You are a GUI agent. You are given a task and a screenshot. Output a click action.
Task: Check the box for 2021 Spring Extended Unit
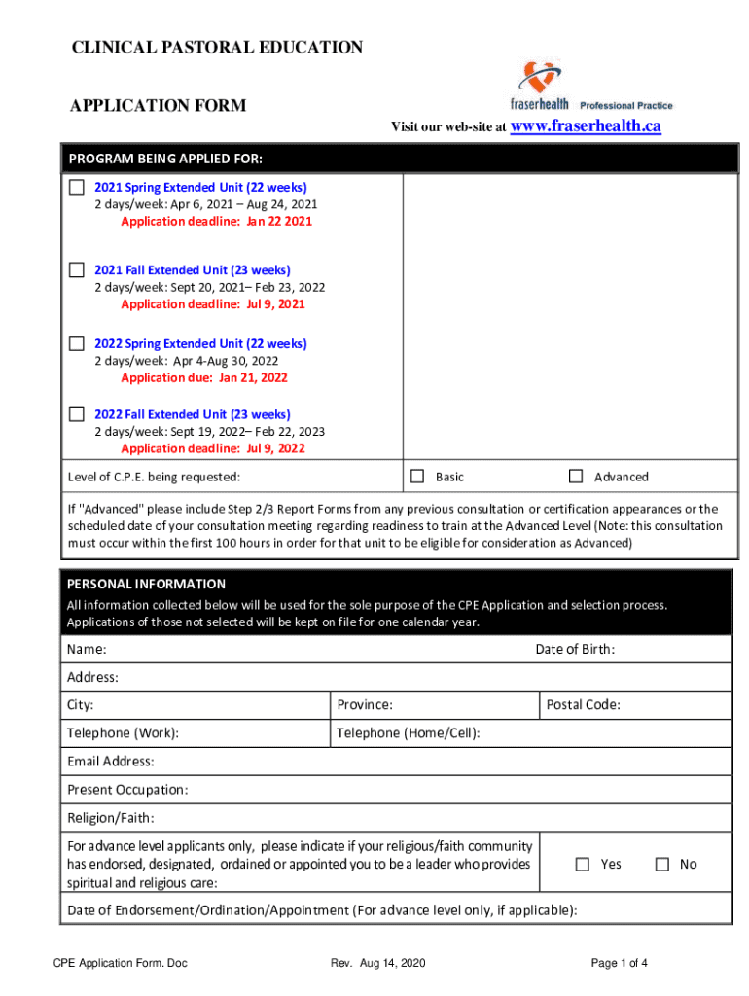(77, 187)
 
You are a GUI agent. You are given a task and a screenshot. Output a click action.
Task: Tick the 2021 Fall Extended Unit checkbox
(77, 269)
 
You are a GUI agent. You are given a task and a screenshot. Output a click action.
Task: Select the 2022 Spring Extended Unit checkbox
(77, 343)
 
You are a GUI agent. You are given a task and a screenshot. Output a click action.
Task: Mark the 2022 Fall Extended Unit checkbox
(77, 414)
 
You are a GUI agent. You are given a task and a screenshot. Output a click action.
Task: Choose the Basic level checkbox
(417, 477)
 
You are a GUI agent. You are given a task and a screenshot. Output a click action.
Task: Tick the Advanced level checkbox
(576, 477)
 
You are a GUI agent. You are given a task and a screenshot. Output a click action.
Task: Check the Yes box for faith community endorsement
(583, 864)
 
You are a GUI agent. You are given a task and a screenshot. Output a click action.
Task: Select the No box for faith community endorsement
(662, 864)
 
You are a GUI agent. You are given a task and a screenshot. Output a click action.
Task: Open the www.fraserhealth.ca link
(586, 126)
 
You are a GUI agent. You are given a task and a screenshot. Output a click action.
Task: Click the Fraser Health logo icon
(541, 77)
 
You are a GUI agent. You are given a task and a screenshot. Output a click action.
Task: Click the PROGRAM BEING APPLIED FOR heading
(164, 159)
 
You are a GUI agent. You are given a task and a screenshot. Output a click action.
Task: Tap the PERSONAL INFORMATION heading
(146, 584)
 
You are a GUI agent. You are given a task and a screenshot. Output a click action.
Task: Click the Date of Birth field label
(575, 649)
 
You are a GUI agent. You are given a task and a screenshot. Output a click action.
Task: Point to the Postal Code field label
(583, 705)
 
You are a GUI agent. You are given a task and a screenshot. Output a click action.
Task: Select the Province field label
(365, 705)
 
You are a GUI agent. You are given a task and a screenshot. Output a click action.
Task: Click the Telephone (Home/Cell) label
(409, 733)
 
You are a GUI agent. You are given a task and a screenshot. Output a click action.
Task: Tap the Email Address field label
(110, 762)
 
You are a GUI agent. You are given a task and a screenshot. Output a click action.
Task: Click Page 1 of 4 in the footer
(620, 963)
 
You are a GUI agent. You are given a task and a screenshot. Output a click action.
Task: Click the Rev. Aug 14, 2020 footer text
(377, 963)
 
